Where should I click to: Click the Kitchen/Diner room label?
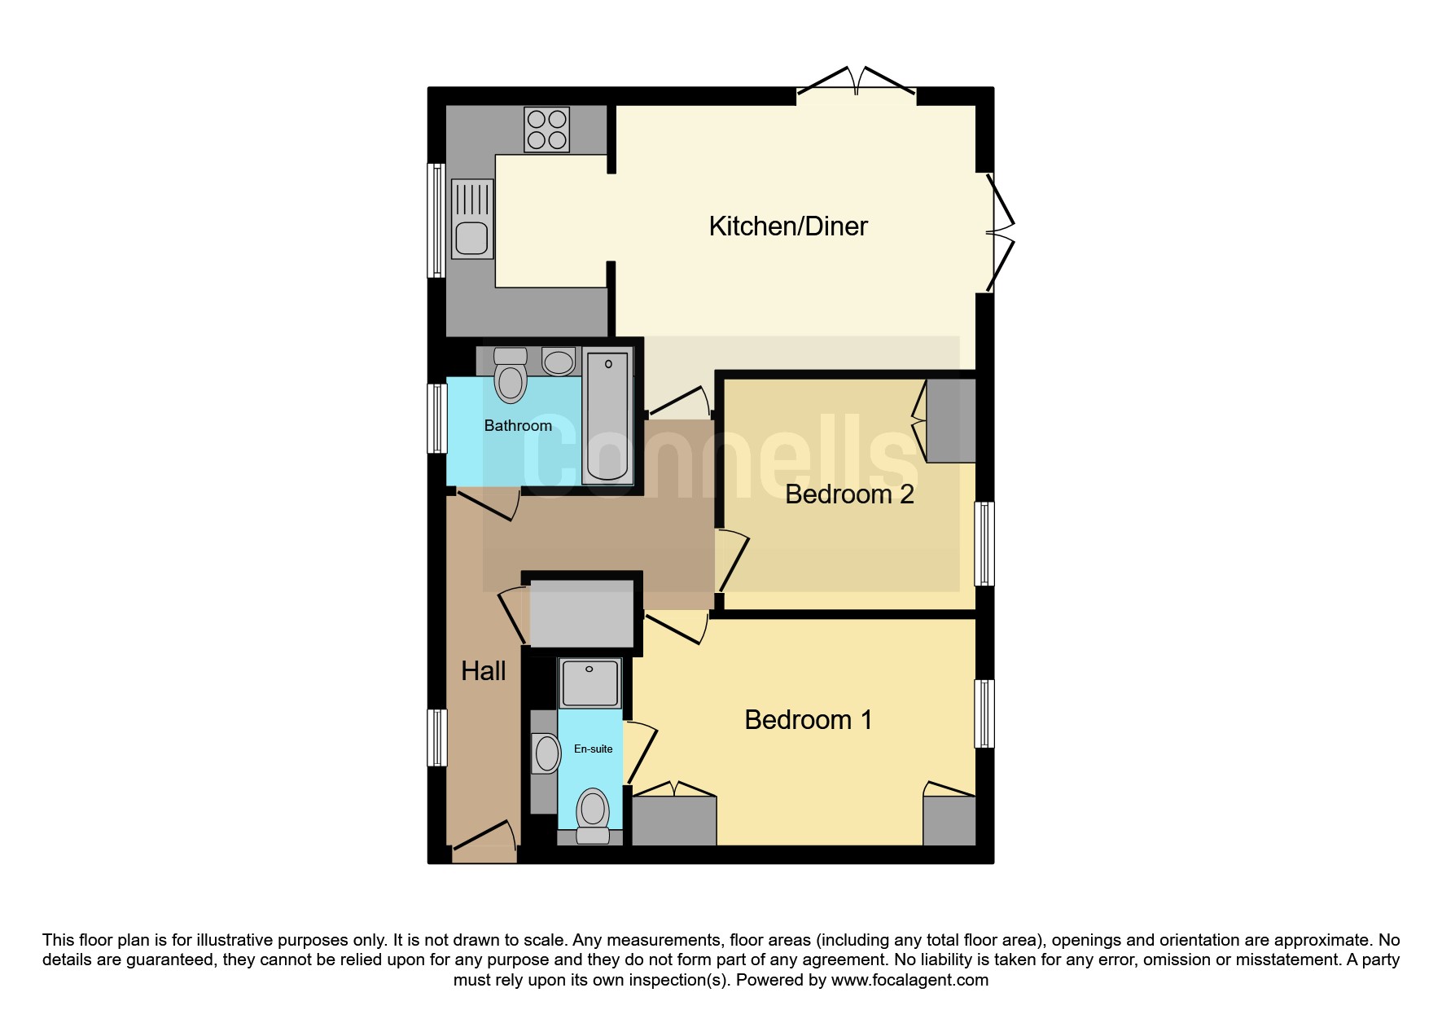pos(788,226)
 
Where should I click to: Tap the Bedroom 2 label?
pos(849,494)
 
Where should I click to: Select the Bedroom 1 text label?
pos(809,720)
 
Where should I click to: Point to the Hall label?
pos(484,671)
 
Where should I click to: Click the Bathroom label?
pos(518,425)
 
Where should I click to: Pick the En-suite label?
pos(594,749)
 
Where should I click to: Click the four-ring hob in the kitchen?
pos(547,130)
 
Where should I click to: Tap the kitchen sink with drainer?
pos(472,219)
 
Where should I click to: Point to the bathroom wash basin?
pos(559,361)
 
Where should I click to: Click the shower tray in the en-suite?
pos(590,683)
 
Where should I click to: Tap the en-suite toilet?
pos(593,815)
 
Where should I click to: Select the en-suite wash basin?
pos(546,753)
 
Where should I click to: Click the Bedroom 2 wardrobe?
pos(951,420)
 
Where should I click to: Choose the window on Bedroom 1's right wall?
pos(984,714)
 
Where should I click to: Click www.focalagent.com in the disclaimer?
pos(909,980)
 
